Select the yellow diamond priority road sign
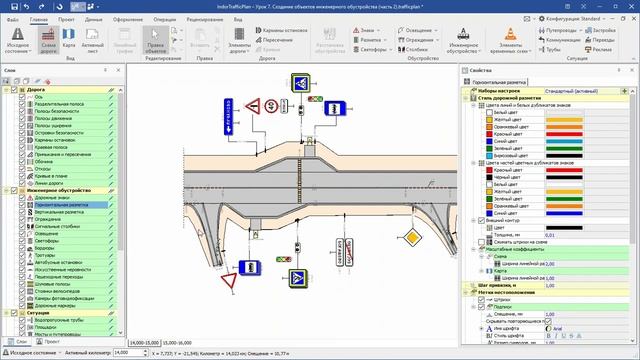point(411,239)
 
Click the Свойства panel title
point(481,70)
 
